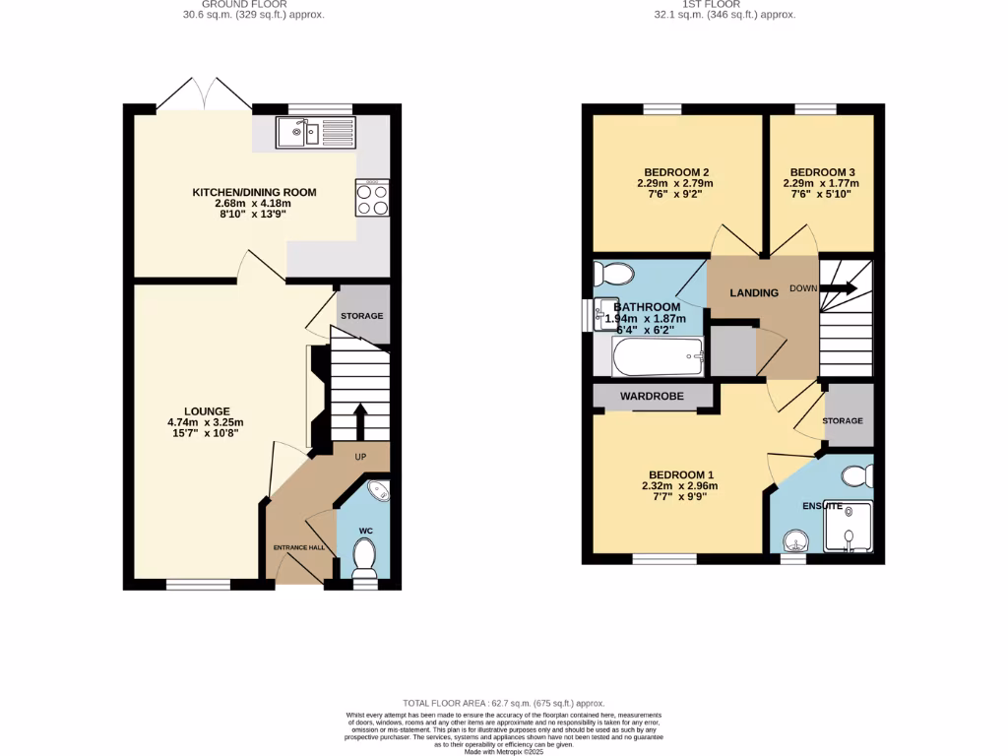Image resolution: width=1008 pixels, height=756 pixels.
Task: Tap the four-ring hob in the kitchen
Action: coord(372,200)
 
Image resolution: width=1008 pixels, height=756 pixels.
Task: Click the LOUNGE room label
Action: coord(206,411)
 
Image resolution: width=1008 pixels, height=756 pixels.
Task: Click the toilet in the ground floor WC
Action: coord(365,561)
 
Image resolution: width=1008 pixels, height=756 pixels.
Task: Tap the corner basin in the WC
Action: coord(377,491)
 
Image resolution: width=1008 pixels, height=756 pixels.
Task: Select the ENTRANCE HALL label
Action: coord(298,547)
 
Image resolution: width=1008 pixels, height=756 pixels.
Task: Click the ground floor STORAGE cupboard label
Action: coord(361,315)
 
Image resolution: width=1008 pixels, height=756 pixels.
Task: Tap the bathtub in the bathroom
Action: coord(658,356)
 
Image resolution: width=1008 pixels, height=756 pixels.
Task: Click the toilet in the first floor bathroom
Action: coord(616,274)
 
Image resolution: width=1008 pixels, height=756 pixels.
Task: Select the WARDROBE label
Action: coord(652,396)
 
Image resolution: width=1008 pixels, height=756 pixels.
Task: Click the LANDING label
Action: coord(754,292)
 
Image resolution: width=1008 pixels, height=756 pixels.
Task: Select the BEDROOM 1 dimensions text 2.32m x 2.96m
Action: coord(679,485)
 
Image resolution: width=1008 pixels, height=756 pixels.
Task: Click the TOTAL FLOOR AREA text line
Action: coord(503,703)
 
